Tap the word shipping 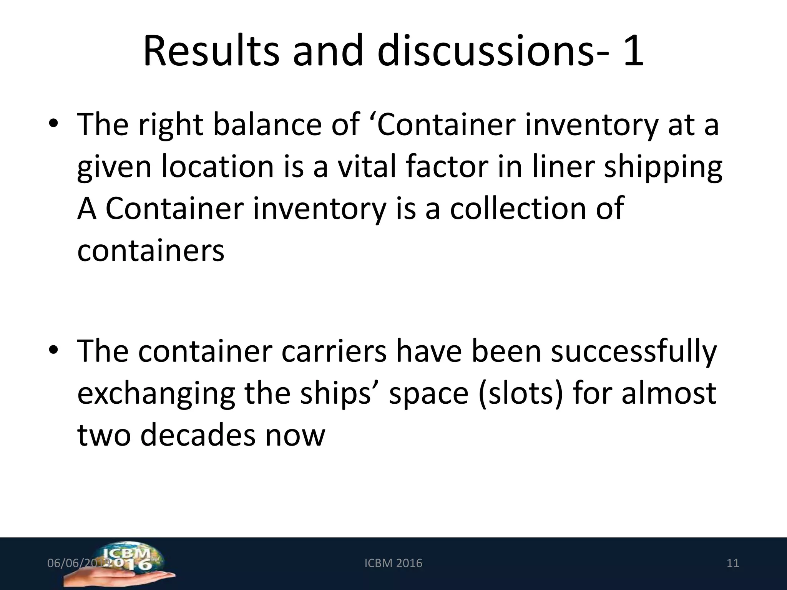[x=663, y=168]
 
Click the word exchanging [x=156, y=395]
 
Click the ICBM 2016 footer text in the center [x=393, y=563]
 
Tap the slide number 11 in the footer [x=733, y=563]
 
